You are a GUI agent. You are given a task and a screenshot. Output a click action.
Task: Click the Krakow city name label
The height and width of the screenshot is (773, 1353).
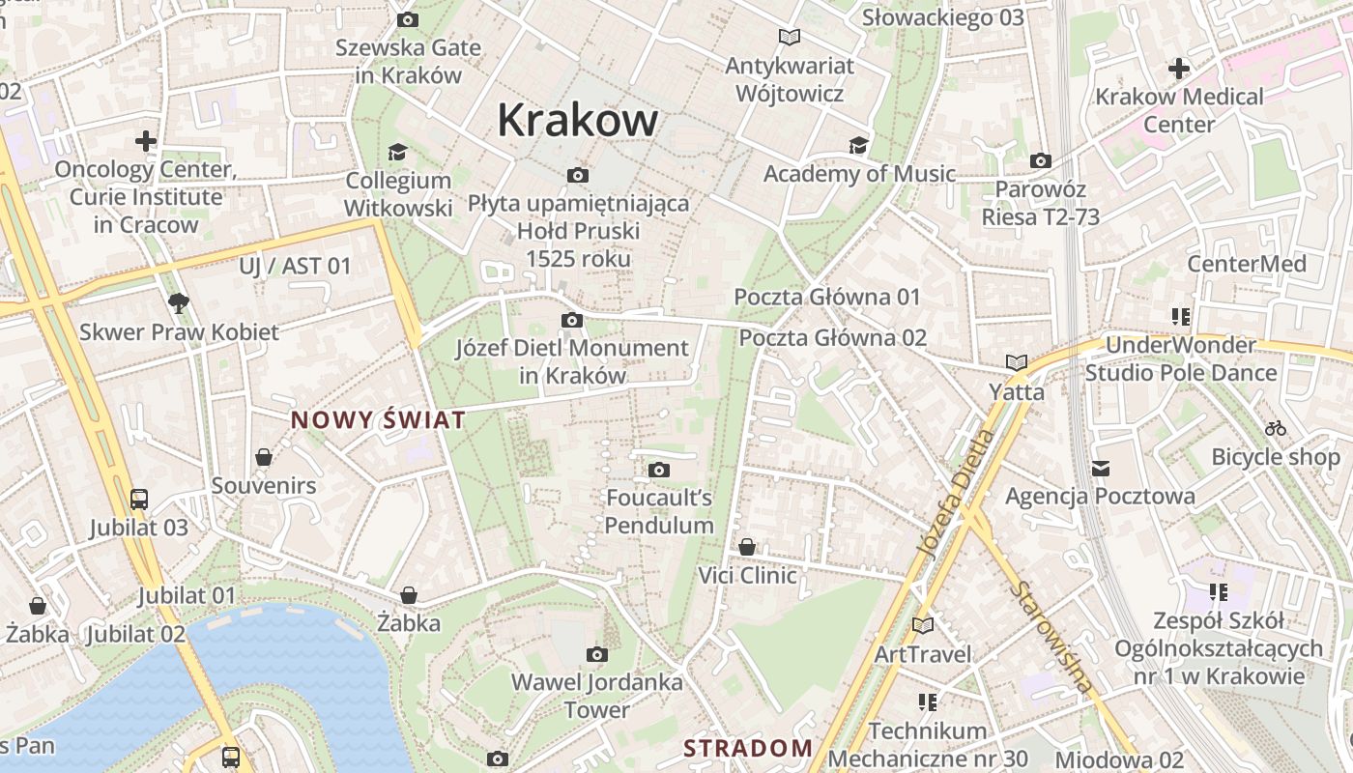577,120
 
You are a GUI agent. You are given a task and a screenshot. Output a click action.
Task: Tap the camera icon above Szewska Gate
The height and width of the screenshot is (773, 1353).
408,19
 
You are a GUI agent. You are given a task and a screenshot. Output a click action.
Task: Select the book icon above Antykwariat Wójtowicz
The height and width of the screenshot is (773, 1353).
790,37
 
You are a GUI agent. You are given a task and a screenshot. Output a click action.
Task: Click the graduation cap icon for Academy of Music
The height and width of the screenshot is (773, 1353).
858,146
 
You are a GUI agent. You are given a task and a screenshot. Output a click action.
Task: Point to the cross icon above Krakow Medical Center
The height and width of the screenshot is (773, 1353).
1178,69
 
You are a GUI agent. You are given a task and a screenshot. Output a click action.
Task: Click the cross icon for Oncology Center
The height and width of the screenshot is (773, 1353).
146,141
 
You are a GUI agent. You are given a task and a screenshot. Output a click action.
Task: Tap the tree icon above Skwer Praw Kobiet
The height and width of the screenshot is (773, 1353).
178,303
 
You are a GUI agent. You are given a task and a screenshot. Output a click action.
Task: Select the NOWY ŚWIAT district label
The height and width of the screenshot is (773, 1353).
378,420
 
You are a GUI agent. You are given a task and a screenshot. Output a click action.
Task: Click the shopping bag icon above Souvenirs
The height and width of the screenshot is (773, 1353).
264,457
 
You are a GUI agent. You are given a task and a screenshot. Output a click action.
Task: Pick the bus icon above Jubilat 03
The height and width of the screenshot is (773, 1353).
139,500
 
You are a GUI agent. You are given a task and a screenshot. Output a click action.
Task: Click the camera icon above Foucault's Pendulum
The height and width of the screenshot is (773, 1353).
659,471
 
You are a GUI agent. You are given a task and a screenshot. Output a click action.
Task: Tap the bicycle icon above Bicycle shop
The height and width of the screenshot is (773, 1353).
1276,428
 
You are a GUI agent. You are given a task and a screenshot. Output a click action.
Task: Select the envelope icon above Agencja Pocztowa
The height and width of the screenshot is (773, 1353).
1100,469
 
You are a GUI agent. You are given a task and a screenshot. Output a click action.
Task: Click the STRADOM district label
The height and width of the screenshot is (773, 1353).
748,748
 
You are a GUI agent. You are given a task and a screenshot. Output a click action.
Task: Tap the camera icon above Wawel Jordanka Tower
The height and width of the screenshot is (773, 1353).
597,655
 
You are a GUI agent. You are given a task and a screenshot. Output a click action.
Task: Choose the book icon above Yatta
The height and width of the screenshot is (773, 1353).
1016,363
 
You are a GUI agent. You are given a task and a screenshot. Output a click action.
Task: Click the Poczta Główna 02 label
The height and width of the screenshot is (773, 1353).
832,338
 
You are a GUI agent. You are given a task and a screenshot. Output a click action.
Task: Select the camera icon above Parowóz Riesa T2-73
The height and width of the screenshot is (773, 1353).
1041,161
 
